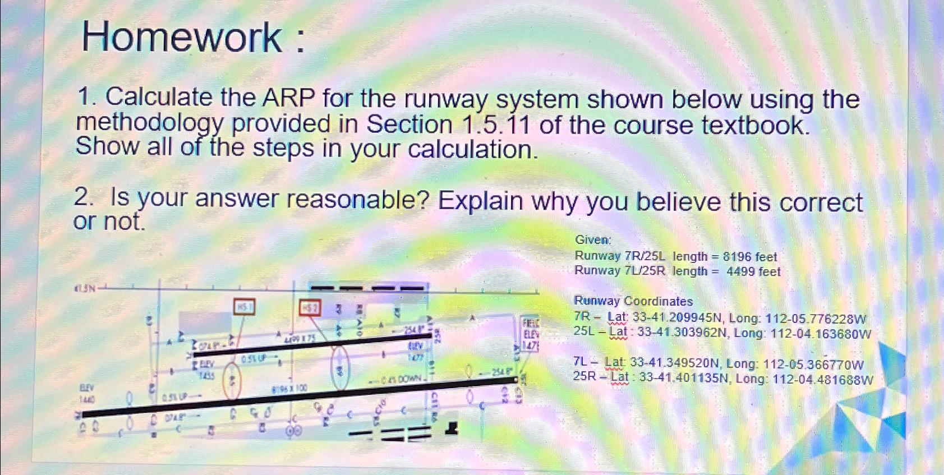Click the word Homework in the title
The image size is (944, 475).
[x=182, y=38]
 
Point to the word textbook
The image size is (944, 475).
[x=756, y=125]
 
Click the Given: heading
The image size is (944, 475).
[x=593, y=240]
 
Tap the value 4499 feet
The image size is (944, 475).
[x=753, y=272]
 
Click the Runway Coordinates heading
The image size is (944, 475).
[x=633, y=301]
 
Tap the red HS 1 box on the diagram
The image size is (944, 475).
[x=244, y=307]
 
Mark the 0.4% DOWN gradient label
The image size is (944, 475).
[x=402, y=379]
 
